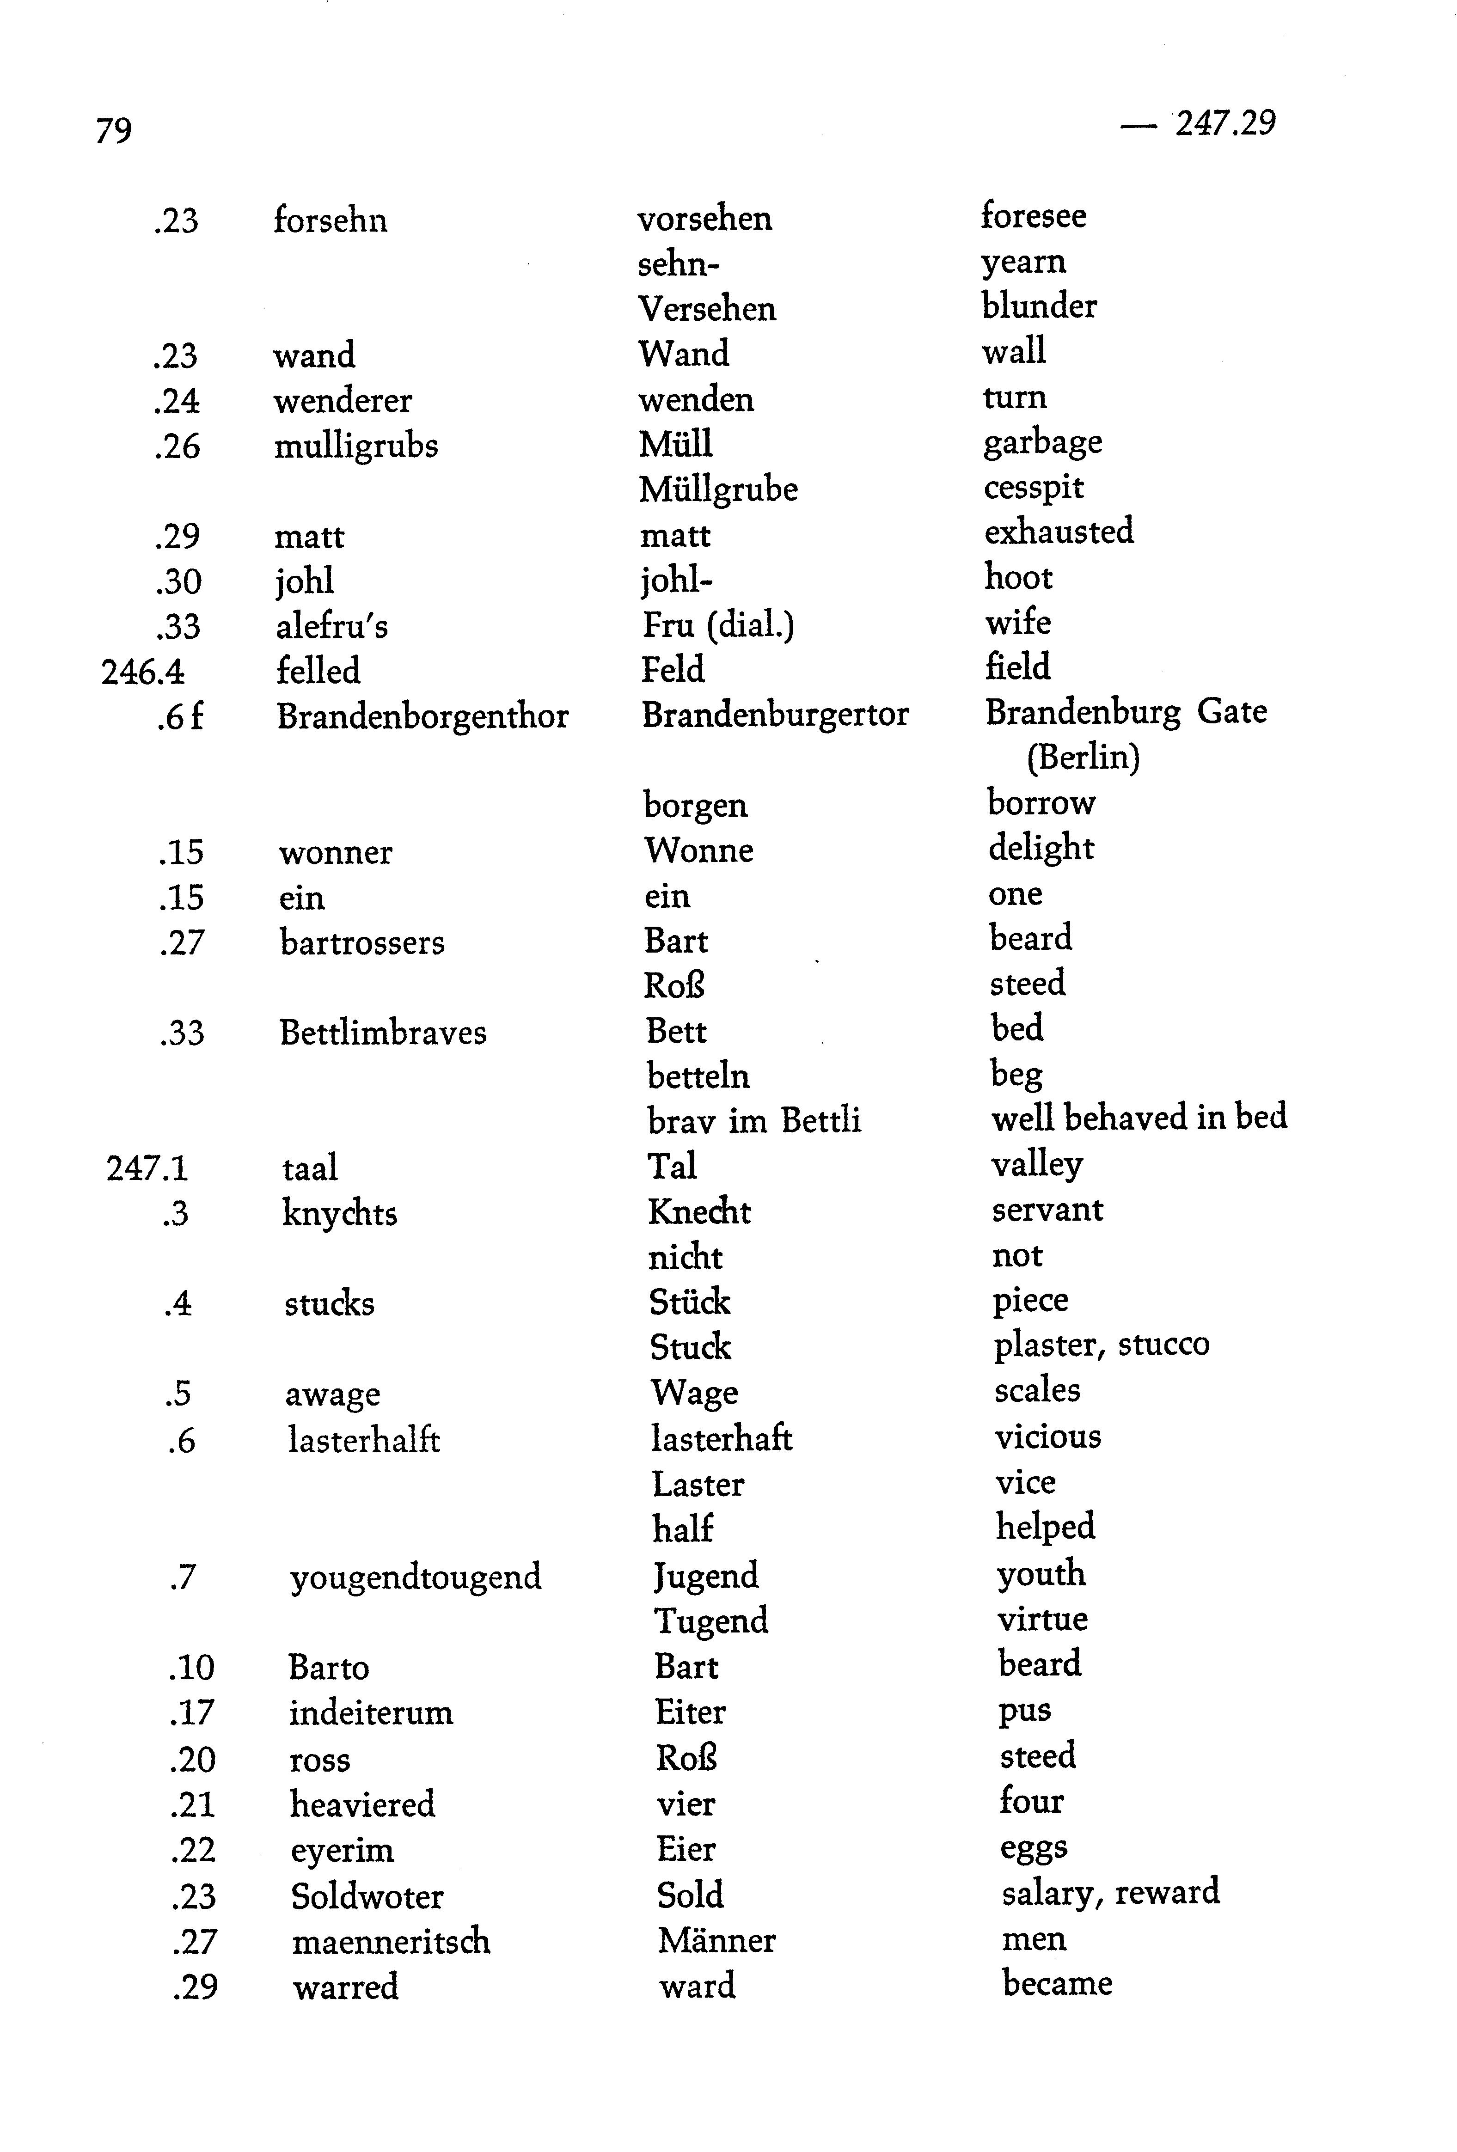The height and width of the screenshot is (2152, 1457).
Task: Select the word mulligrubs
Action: click(x=355, y=446)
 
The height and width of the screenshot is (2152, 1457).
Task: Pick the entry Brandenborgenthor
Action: click(x=422, y=716)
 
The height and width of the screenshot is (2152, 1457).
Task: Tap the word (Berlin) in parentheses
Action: click(x=1083, y=758)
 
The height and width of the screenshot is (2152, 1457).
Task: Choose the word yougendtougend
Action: click(x=415, y=1576)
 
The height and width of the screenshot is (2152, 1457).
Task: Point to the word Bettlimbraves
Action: click(x=383, y=1033)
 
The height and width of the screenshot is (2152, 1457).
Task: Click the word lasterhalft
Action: click(x=363, y=1440)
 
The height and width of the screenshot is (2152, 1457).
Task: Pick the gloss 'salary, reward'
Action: click(x=1110, y=1892)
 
